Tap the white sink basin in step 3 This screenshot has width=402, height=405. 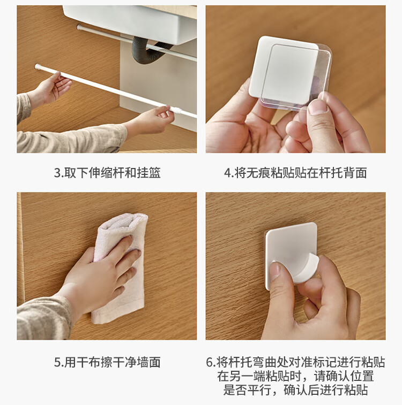click(x=129, y=22)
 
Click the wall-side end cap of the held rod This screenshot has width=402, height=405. click(x=38, y=67)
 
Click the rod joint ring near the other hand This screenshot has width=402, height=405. click(x=178, y=111)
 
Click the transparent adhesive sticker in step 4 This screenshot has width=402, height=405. click(x=296, y=76)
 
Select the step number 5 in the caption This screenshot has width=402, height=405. click(x=57, y=362)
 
